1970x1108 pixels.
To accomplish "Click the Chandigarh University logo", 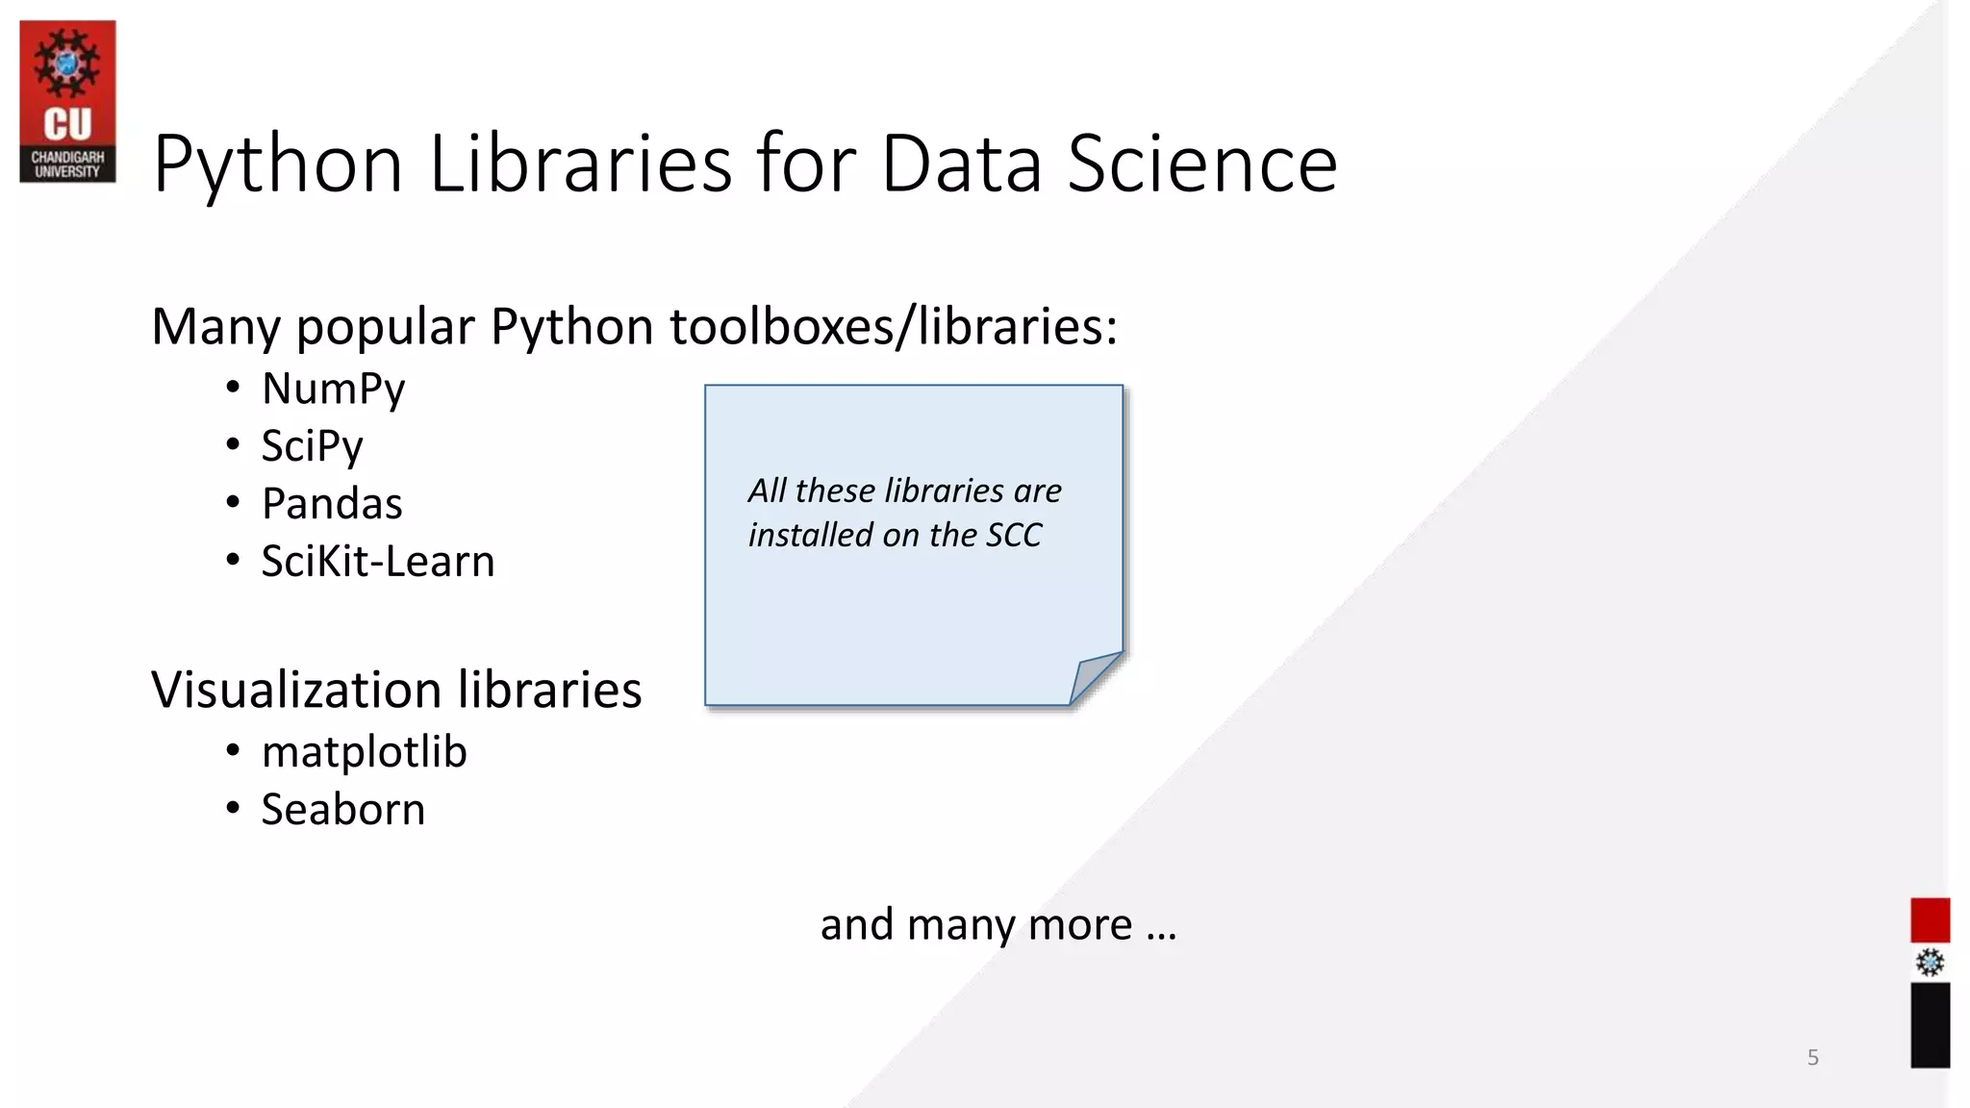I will pyautogui.click(x=67, y=101).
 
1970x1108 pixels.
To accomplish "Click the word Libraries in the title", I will pyautogui.click(x=581, y=164).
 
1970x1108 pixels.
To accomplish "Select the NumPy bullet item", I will pyautogui.click(x=333, y=390).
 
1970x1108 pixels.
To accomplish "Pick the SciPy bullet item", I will pyautogui.click(x=312, y=447).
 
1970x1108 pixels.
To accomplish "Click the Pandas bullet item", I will pyautogui.click(x=332, y=504).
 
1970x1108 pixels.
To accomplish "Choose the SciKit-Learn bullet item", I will pyautogui.click(x=377, y=562).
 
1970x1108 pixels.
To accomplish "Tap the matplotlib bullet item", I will pyautogui.click(x=364, y=752).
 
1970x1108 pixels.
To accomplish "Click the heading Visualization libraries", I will pyautogui.click(x=395, y=691).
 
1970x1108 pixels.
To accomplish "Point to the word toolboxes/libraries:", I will pyautogui.click(x=894, y=327).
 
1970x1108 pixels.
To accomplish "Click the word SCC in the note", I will pyautogui.click(x=1014, y=536).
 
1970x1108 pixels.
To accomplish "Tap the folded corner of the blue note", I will pyautogui.click(x=1095, y=677).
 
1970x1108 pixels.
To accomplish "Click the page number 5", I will pyautogui.click(x=1813, y=1058).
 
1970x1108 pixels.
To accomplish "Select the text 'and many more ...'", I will pyautogui.click(x=998, y=925).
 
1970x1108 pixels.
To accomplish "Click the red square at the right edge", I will pyautogui.click(x=1930, y=920).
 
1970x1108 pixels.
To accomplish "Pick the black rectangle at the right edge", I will pyautogui.click(x=1930, y=1025).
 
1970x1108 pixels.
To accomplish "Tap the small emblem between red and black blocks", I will pyautogui.click(x=1930, y=963).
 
